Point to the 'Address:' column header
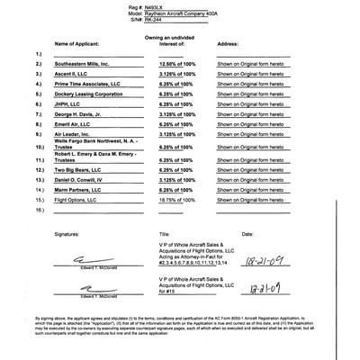(x=228, y=41)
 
